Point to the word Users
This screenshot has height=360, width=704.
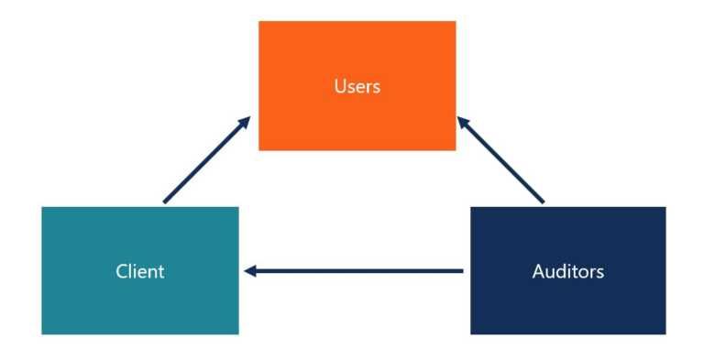pos(357,87)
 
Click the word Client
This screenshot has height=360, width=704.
pos(139,271)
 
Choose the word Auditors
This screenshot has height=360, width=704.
pos(567,271)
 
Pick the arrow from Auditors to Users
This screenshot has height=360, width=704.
pos(501,159)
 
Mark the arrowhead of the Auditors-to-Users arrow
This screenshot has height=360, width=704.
pos(461,120)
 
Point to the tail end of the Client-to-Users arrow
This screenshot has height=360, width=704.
pos(165,202)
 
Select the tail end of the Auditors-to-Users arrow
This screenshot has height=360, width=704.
pos(543,201)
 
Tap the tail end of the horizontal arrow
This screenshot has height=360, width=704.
pos(462,271)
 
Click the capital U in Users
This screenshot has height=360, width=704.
pos(339,87)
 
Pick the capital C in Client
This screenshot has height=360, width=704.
pos(121,271)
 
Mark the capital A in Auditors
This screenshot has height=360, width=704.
pos(538,271)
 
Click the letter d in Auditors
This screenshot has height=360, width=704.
pos(558,271)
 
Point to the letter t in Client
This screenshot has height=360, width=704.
pos(160,271)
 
